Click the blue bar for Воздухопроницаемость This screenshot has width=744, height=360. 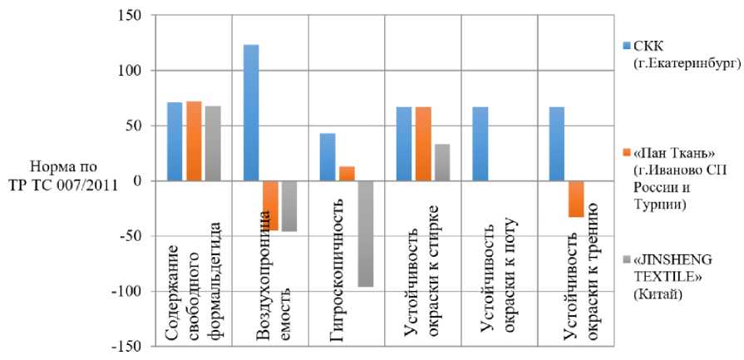coord(251,112)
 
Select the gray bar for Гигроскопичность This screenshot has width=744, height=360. coord(366,234)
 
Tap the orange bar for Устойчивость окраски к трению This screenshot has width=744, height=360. coord(575,199)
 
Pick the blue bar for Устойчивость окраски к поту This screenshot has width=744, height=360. coord(480,144)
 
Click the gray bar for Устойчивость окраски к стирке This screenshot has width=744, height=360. coord(442,162)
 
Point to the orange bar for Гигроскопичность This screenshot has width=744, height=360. coord(347,174)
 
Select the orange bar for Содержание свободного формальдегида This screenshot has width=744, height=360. coord(194,141)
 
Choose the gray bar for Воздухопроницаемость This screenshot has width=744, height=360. coord(289,205)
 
